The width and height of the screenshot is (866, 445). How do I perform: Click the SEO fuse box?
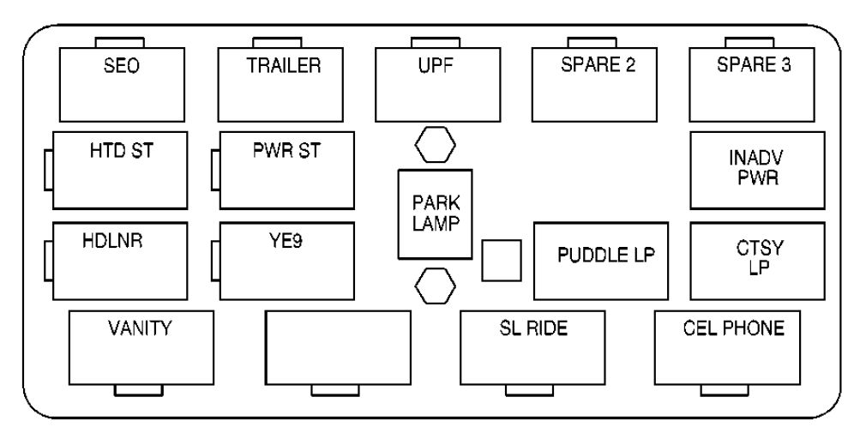[x=122, y=84]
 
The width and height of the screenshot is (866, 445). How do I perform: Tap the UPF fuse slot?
[x=438, y=84]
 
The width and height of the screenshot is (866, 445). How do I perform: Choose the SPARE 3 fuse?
[x=754, y=84]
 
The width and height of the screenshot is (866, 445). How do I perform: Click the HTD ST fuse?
[x=119, y=170]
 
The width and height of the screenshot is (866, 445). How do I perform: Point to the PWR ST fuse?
[x=286, y=170]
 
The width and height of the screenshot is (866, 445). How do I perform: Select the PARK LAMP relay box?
[x=436, y=213]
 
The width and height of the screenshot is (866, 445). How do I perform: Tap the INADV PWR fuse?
[x=757, y=170]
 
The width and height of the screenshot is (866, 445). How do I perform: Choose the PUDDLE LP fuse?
[x=606, y=260]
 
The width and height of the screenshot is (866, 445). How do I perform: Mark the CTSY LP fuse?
[x=757, y=260]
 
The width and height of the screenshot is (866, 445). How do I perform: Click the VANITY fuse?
[x=141, y=347]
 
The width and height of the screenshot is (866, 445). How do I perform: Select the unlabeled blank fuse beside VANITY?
[x=338, y=347]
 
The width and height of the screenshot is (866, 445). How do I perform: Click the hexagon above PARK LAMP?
[x=434, y=145]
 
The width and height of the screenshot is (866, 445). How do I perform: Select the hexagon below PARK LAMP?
[x=434, y=286]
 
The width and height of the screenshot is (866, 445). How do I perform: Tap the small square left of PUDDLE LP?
[x=500, y=260]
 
